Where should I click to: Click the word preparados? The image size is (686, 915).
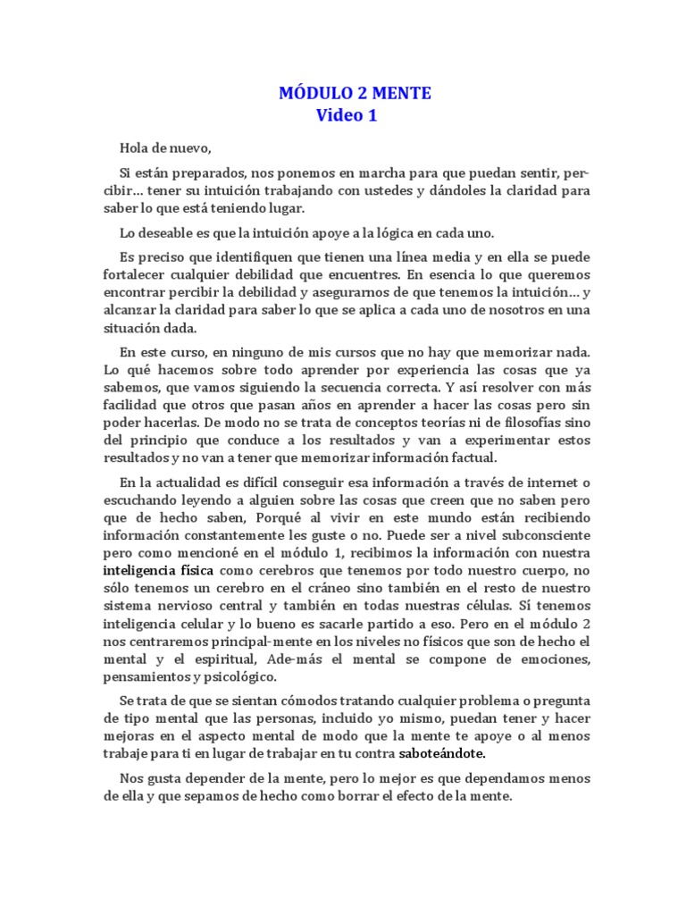[212, 172]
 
